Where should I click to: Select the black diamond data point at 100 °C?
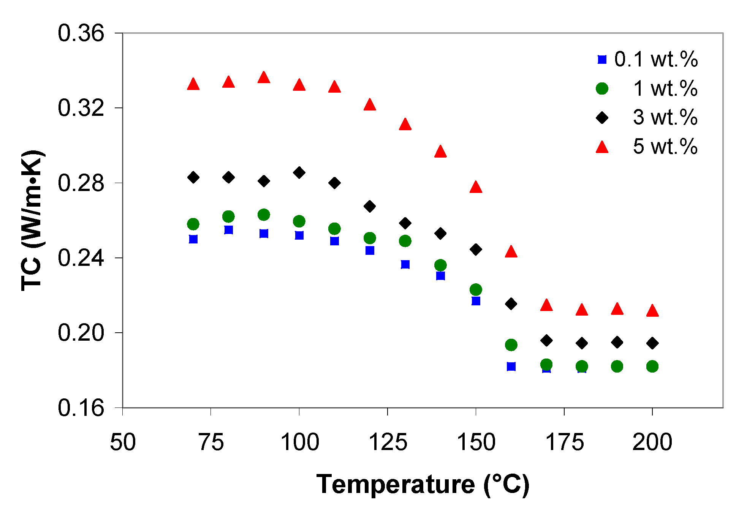pyautogui.click(x=299, y=173)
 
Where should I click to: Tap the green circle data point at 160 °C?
pyautogui.click(x=511, y=345)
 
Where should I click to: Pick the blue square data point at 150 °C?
pyautogui.click(x=476, y=301)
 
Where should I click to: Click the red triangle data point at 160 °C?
pyautogui.click(x=511, y=252)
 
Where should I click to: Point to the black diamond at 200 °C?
pyautogui.click(x=652, y=343)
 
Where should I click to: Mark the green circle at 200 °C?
pyautogui.click(x=652, y=367)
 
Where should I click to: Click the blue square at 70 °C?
pyautogui.click(x=193, y=239)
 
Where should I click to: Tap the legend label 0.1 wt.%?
pyautogui.click(x=656, y=60)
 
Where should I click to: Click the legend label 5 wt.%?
pyautogui.click(x=665, y=147)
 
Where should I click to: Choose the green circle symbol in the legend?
pyautogui.click(x=602, y=89)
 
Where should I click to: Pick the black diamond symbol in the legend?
pyautogui.click(x=602, y=118)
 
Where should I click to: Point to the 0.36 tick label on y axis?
pyautogui.click(x=81, y=33)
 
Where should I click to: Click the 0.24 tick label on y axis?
pyautogui.click(x=81, y=258)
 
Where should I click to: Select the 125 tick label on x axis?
pyautogui.click(x=388, y=442)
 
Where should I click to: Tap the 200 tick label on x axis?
pyautogui.click(x=652, y=442)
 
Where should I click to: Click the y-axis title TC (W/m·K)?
pyautogui.click(x=32, y=221)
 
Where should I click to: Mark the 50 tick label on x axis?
pyautogui.click(x=123, y=442)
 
